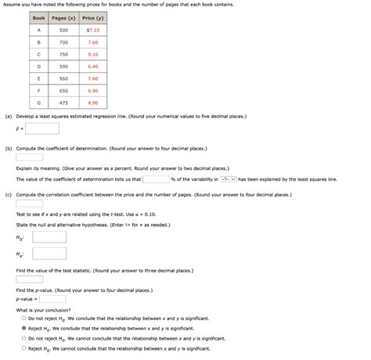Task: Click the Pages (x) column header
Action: [63, 17]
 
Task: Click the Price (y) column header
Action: [92, 17]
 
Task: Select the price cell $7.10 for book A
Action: [92, 30]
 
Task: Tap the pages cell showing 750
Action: [63, 54]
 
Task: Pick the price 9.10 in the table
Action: [92, 54]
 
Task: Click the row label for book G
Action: [38, 103]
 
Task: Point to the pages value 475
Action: [63, 103]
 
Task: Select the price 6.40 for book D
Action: [92, 67]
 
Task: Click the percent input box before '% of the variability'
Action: [155, 178]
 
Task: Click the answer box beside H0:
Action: [49, 236]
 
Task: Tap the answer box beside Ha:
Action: [49, 254]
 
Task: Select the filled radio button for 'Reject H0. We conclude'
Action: [24, 329]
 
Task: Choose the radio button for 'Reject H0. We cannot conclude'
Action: [24, 348]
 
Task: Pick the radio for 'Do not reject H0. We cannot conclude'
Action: [24, 338]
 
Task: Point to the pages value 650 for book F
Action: [63, 91]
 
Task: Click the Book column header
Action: [38, 17]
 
